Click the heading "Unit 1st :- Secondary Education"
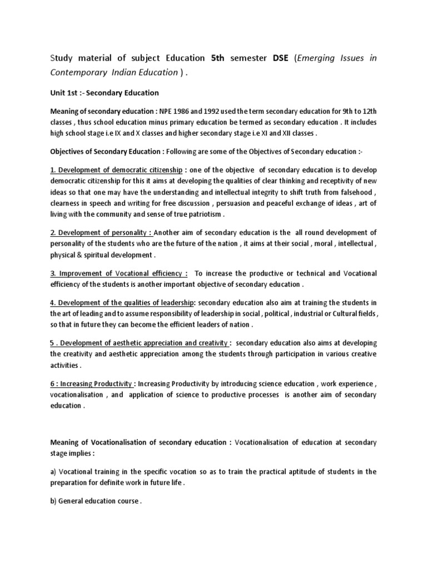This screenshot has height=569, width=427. tap(105, 93)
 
